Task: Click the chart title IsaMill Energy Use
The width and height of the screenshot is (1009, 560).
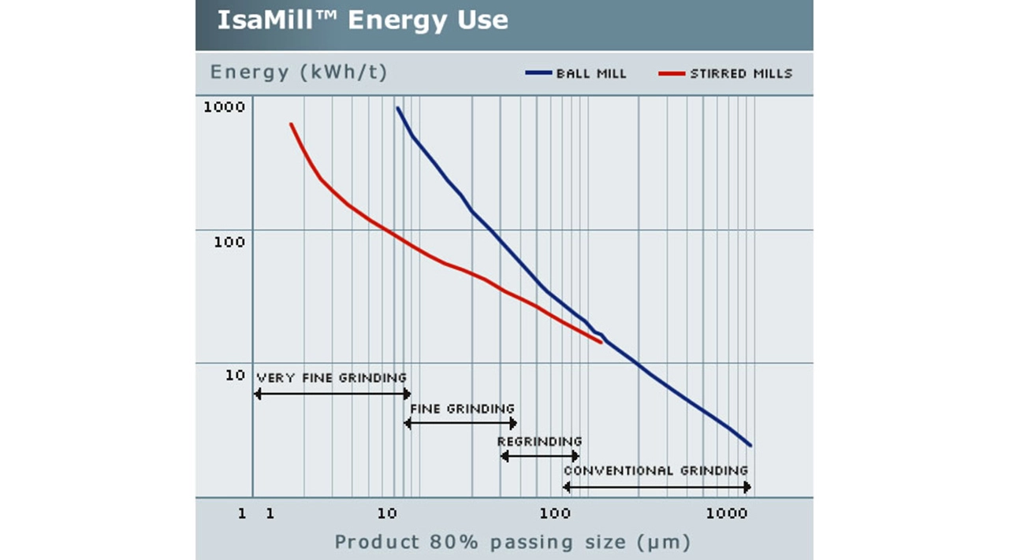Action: pos(363,20)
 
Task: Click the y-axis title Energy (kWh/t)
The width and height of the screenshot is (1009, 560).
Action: pos(299,73)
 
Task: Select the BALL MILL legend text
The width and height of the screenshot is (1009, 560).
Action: pos(591,74)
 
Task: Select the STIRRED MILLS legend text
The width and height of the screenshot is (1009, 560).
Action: pos(741,74)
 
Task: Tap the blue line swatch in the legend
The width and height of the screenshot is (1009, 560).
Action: pos(538,74)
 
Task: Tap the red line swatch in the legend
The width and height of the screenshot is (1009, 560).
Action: pos(672,74)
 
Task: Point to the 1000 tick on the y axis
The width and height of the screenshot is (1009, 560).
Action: pos(225,107)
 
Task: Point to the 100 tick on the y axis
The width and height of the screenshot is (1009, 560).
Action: pos(229,242)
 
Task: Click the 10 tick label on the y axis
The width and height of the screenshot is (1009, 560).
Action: pos(235,375)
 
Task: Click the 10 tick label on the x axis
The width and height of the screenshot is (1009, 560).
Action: pos(387,514)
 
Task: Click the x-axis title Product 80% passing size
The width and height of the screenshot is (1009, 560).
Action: pos(512,542)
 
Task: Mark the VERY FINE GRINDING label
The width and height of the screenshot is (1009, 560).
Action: pos(332,378)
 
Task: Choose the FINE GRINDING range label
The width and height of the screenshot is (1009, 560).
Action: pos(462,409)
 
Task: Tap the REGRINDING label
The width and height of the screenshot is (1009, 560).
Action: pos(539,441)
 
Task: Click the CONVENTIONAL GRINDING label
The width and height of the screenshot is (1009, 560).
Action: pos(656,471)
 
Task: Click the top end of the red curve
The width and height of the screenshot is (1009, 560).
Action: pos(291,124)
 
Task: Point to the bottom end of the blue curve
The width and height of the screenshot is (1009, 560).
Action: pos(750,446)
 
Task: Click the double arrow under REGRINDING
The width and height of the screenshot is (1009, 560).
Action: pos(540,456)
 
